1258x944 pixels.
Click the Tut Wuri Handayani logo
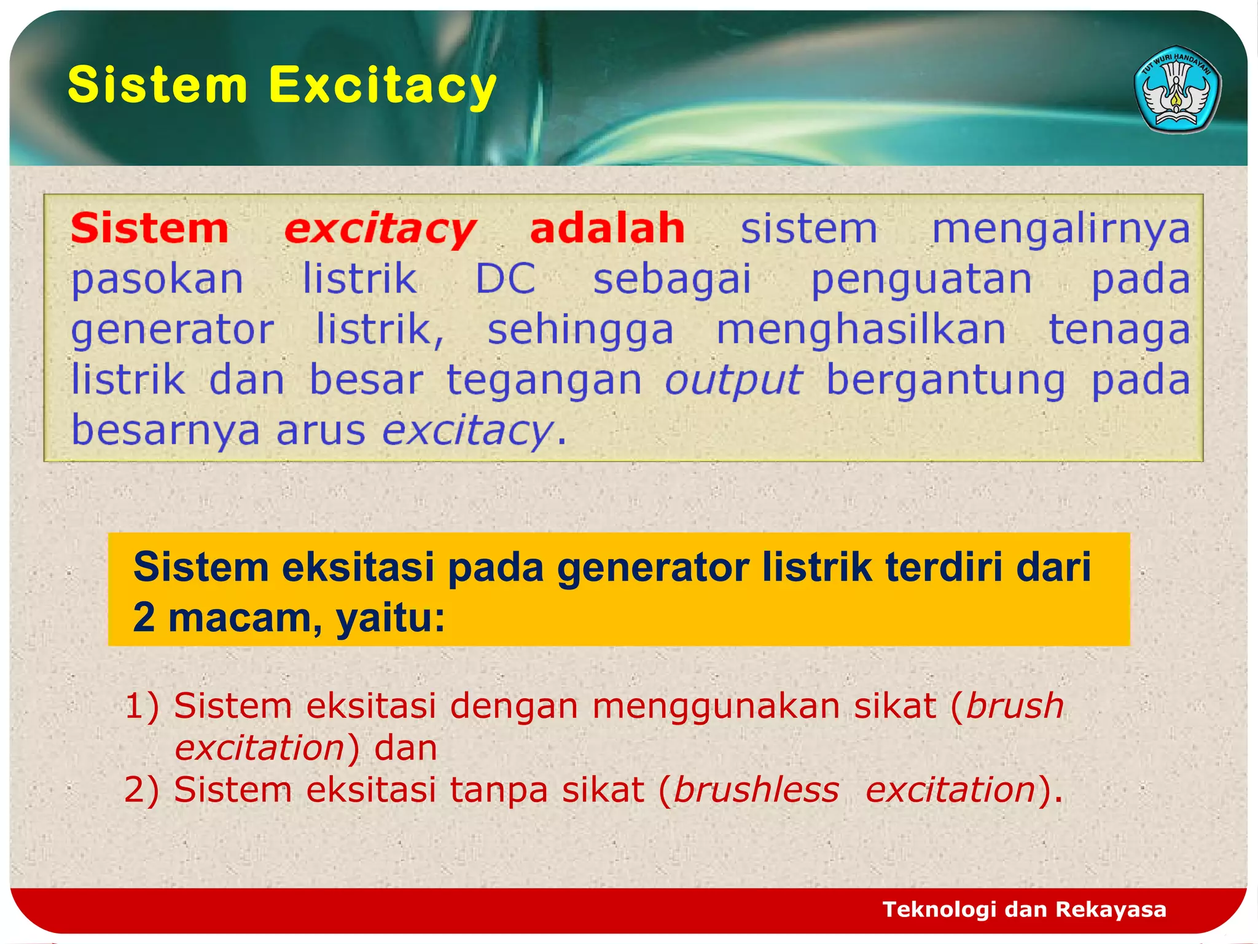(x=1177, y=89)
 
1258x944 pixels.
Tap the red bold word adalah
(x=607, y=229)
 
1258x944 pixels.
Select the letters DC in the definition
(x=506, y=279)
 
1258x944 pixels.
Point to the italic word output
(x=733, y=380)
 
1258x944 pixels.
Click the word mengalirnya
(x=1061, y=229)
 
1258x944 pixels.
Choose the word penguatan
(x=921, y=279)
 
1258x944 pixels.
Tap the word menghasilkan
(x=861, y=329)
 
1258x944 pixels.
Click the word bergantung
(x=945, y=380)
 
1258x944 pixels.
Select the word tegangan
(x=544, y=380)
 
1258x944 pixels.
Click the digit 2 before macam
(x=144, y=617)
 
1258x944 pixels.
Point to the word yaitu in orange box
(x=389, y=617)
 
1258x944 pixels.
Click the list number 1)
(x=142, y=706)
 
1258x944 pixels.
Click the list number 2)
(x=142, y=790)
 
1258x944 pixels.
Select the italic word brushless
(x=756, y=790)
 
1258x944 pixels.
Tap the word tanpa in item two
(x=498, y=790)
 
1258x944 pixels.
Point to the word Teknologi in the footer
(x=939, y=909)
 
